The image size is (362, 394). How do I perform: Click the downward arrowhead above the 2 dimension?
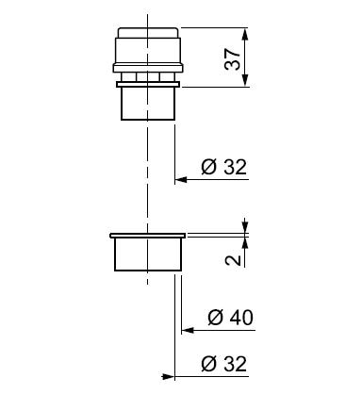coord(246,227)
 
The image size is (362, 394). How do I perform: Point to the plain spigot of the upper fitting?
coord(147,105)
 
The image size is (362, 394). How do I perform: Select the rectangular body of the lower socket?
coord(147,255)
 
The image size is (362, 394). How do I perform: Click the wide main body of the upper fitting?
coord(147,52)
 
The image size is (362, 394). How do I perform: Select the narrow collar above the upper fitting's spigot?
coord(147,87)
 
